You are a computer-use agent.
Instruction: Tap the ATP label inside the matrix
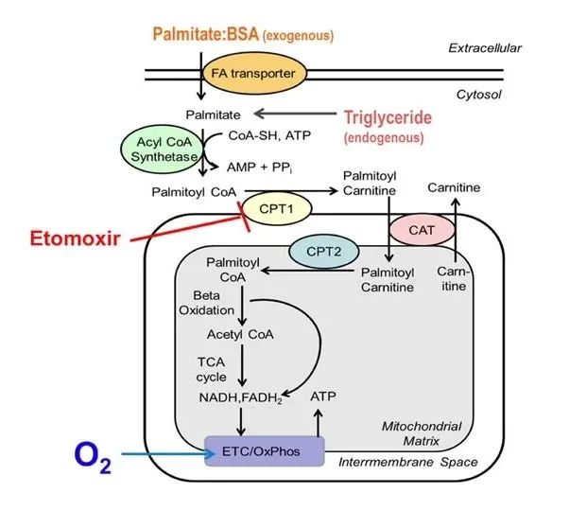(323, 396)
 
